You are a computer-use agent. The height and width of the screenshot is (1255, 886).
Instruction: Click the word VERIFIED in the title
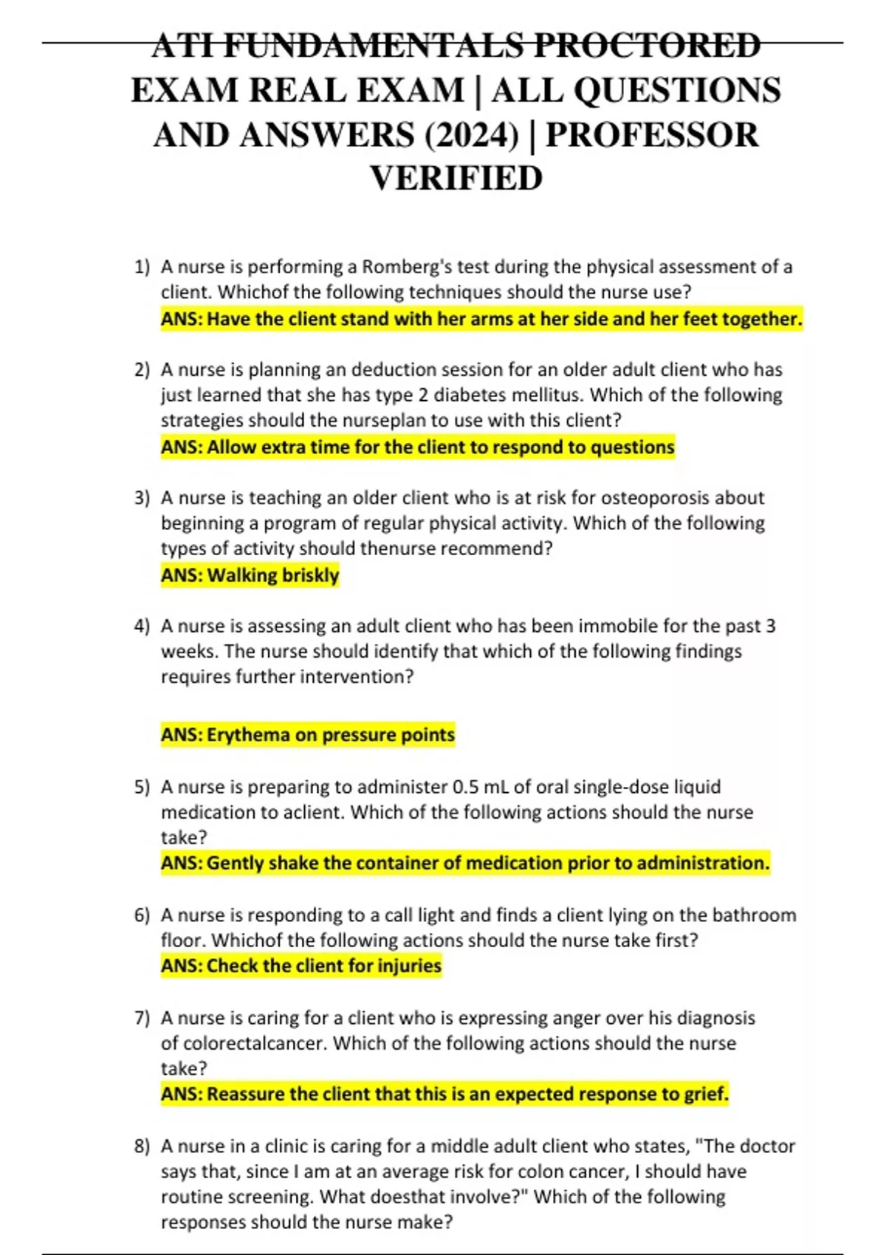pyautogui.click(x=456, y=179)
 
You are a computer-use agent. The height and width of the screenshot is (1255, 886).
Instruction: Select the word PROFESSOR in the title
pyautogui.click(x=652, y=135)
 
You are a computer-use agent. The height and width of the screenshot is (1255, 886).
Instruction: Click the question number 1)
pyautogui.click(x=142, y=267)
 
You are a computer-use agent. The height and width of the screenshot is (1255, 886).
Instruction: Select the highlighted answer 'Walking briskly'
pyautogui.click(x=250, y=575)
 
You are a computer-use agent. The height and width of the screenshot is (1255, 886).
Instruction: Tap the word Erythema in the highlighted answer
pyautogui.click(x=248, y=735)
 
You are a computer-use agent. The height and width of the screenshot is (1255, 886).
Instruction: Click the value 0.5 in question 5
pyautogui.click(x=466, y=787)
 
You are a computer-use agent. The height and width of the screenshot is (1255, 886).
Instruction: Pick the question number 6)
pyautogui.click(x=142, y=915)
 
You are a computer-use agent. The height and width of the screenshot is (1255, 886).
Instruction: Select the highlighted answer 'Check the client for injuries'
pyautogui.click(x=301, y=966)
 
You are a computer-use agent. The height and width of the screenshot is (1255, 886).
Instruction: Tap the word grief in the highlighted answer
pyautogui.click(x=706, y=1094)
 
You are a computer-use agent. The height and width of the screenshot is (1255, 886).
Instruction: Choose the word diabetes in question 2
pyautogui.click(x=469, y=395)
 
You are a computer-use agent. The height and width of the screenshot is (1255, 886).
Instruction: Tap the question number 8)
pyautogui.click(x=142, y=1146)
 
